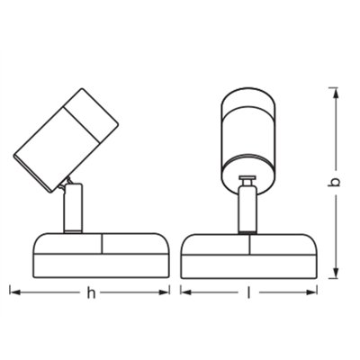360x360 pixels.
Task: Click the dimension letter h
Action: pos(91,292)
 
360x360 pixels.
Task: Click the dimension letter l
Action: pos(248,292)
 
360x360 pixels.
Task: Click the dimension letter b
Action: pos(334,182)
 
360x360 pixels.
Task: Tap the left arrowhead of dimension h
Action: pos(15,292)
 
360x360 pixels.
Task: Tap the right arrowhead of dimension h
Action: pos(164,292)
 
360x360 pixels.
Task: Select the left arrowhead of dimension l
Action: pos(186,292)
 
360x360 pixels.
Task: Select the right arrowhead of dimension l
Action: pos(311,292)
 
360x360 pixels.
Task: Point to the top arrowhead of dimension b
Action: pos(337,94)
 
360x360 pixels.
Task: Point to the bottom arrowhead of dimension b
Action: pos(337,273)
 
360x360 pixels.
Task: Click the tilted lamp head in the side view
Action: pos(66,139)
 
